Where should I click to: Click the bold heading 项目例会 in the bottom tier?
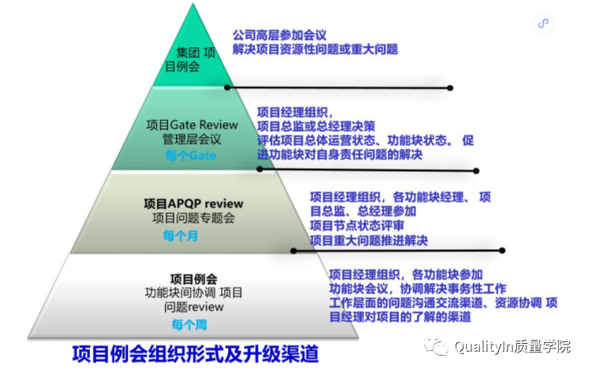click(193, 278)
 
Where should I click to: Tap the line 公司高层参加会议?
click(279, 35)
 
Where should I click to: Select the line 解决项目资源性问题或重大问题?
click(315, 49)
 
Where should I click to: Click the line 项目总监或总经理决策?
click(316, 126)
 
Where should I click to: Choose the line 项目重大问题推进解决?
click(368, 240)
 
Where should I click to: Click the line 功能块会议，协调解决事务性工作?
click(418, 289)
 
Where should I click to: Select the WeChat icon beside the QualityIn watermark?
click(437, 348)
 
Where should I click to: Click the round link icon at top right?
click(543, 24)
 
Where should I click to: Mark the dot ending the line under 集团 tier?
click(450, 88)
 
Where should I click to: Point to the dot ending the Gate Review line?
click(475, 170)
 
